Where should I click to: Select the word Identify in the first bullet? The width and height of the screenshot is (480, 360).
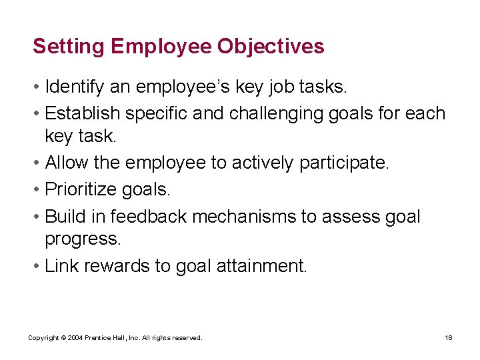tap(71, 87)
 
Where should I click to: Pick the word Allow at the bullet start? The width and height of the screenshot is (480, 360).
tap(63, 163)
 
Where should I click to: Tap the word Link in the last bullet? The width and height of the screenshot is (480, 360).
tap(60, 266)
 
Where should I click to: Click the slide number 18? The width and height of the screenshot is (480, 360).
tap(449, 338)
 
